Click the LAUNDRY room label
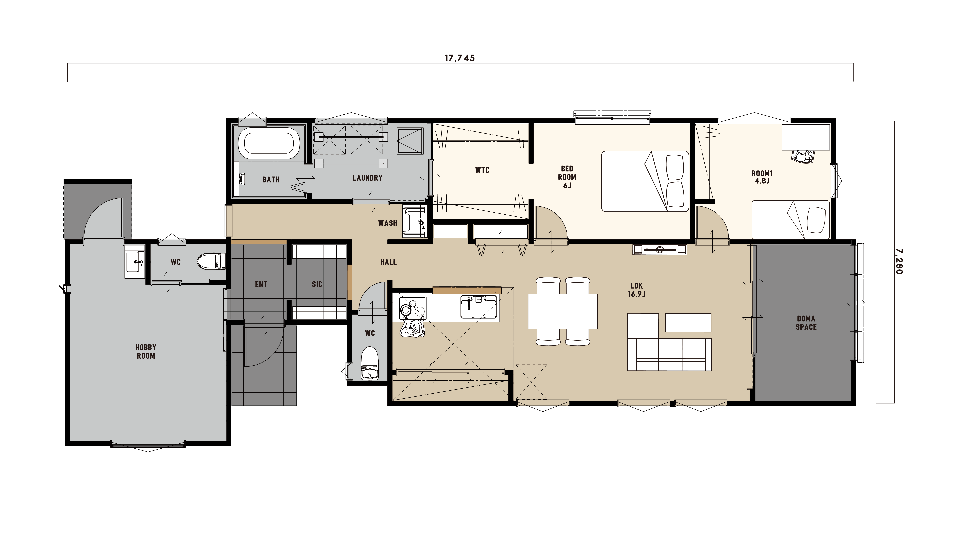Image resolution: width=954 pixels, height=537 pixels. tap(367, 178)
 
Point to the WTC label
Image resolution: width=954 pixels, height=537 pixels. tap(482, 170)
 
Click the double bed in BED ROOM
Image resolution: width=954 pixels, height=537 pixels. tap(645, 181)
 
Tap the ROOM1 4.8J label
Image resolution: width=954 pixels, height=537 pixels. tap(762, 177)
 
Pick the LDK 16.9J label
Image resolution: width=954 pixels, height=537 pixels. tap(637, 290)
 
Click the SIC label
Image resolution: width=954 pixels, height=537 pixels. tap(317, 284)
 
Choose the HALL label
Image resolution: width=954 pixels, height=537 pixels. tap(388, 262)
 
